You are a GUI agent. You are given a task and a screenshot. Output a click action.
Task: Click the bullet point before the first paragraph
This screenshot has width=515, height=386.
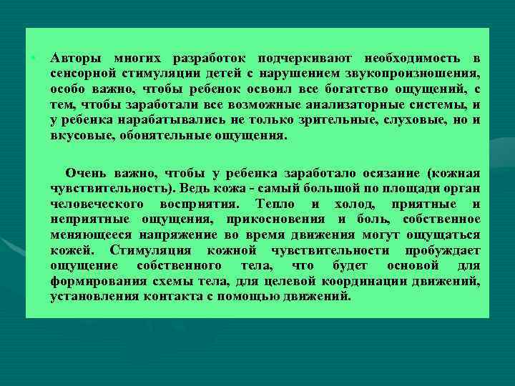34,57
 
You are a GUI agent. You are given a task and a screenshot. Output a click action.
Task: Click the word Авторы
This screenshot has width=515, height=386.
73,58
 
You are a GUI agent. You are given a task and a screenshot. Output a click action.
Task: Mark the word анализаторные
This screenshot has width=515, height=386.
361,104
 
